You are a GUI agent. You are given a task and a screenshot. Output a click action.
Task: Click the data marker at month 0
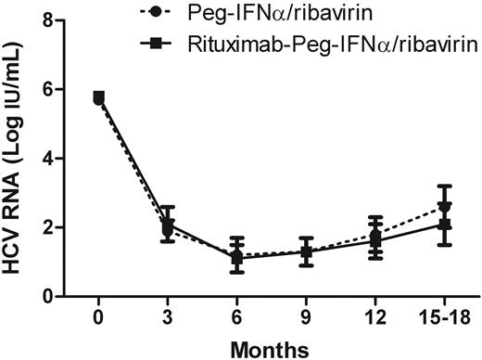(x=99, y=96)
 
